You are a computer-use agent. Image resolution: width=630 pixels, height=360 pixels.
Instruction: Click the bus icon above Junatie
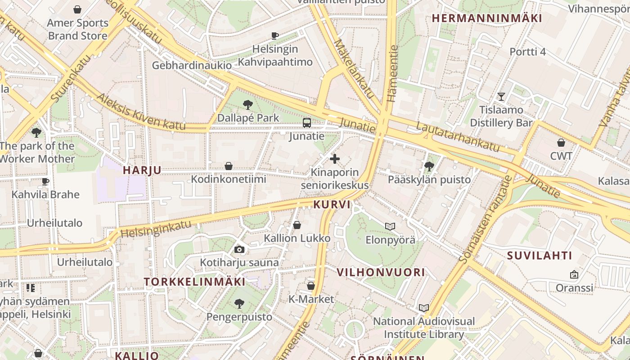tap(307, 122)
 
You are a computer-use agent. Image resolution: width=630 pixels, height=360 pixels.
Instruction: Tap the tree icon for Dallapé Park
tap(247, 105)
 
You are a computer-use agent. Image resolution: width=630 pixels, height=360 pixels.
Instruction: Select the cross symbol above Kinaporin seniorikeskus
tap(335, 159)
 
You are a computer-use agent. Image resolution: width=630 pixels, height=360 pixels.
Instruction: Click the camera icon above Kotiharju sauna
tap(239, 249)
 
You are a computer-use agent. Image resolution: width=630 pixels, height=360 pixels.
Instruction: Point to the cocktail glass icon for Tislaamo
tap(501, 97)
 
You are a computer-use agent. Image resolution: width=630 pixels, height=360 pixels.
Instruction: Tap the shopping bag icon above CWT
tap(561, 143)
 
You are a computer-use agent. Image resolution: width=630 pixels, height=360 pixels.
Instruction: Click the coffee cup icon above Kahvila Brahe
tap(45, 182)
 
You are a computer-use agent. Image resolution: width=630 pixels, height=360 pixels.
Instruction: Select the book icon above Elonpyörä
tap(390, 226)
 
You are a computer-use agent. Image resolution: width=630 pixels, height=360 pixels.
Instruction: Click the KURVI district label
tap(332, 204)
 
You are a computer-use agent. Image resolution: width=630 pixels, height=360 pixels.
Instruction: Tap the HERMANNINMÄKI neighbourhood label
tap(487, 18)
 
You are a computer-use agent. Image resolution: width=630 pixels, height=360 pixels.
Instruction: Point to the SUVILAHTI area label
tap(540, 256)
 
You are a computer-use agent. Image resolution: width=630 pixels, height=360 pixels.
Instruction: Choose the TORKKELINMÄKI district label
tap(194, 282)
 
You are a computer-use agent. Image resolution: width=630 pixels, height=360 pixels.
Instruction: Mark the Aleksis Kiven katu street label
tap(141, 112)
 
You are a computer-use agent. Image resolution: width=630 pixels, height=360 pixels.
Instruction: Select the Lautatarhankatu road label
tap(458, 136)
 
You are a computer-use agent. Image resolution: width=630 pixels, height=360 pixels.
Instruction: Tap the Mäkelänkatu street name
tap(354, 69)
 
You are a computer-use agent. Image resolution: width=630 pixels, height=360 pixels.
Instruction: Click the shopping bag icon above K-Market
tap(310, 286)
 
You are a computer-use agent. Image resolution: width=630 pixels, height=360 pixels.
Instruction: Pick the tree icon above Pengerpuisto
tap(239, 304)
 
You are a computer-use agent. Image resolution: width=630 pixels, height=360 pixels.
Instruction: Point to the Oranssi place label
tap(574, 288)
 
